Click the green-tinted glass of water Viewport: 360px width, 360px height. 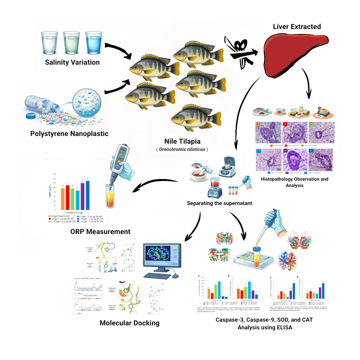point(71,42)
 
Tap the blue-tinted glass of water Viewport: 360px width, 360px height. point(93,42)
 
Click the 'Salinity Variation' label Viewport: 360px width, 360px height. point(72,62)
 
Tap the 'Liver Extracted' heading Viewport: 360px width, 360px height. point(297,26)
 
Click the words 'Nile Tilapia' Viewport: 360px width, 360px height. point(182,141)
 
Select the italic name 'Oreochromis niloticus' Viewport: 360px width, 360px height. point(182,150)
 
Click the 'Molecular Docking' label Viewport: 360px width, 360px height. point(130,323)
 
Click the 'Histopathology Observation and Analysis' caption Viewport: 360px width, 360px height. point(294,182)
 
